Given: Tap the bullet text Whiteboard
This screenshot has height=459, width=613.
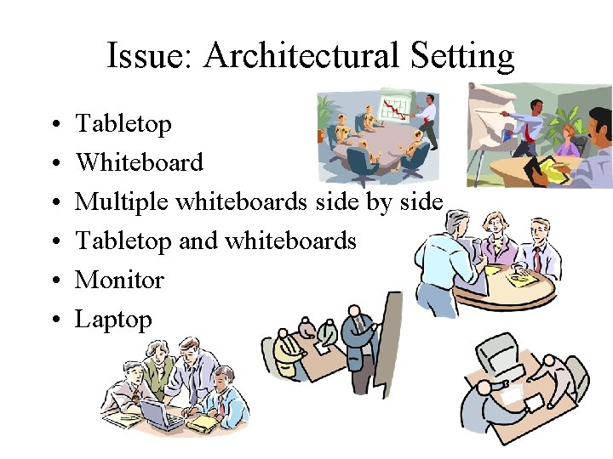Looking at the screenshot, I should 139,162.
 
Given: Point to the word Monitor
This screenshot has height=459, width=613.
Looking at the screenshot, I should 119,280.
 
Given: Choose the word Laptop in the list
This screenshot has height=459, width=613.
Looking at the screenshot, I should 113,320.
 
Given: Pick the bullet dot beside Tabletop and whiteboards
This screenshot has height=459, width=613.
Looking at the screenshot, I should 54,242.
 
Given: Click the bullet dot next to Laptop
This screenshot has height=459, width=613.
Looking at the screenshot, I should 54,320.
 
